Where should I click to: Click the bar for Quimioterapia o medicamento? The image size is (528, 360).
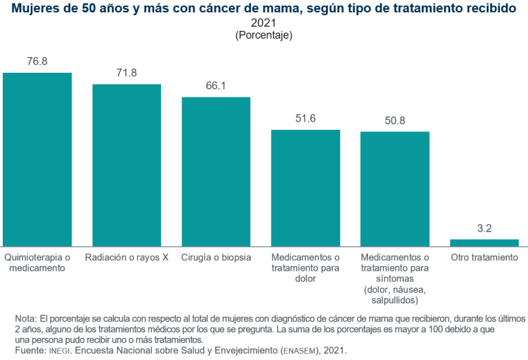[x=37, y=159]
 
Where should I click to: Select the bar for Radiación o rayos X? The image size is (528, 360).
[x=126, y=165]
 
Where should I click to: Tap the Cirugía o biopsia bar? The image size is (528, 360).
[x=216, y=171]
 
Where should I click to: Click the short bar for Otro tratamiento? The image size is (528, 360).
[x=484, y=243]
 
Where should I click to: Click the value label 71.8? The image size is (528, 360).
[x=126, y=73]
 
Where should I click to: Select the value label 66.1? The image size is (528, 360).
[x=216, y=86]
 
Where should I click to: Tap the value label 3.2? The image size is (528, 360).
[x=484, y=228]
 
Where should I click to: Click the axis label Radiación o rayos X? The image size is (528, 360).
[x=126, y=258]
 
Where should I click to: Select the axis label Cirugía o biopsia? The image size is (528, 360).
[x=216, y=258]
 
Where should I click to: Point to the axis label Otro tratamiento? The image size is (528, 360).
[x=484, y=258]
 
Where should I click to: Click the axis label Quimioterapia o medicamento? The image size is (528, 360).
[x=37, y=262]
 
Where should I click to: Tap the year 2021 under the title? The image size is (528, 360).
[x=264, y=23]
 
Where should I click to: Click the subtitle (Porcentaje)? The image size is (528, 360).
[x=264, y=35]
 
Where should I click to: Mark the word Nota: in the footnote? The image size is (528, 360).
[x=25, y=319]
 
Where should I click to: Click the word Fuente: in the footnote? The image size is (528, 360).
[x=30, y=350]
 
